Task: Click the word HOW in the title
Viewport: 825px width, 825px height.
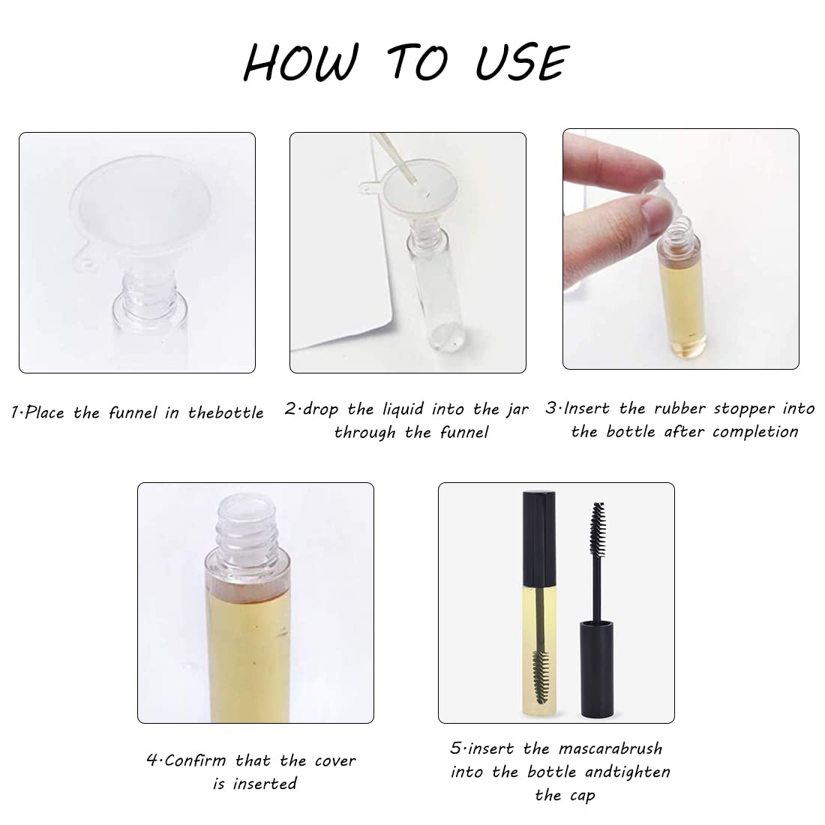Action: (x=301, y=62)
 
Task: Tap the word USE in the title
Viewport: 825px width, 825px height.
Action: (x=522, y=62)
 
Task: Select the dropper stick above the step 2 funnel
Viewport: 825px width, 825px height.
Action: (x=394, y=157)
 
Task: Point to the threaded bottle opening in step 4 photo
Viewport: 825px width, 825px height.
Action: (x=247, y=520)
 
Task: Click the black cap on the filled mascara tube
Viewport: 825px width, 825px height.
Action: (x=538, y=538)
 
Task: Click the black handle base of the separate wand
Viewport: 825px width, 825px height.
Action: (x=597, y=669)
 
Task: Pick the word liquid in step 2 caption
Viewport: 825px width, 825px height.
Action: (x=403, y=409)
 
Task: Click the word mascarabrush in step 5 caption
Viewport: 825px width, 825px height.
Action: (x=610, y=748)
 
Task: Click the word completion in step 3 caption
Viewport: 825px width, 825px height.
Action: (x=755, y=432)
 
